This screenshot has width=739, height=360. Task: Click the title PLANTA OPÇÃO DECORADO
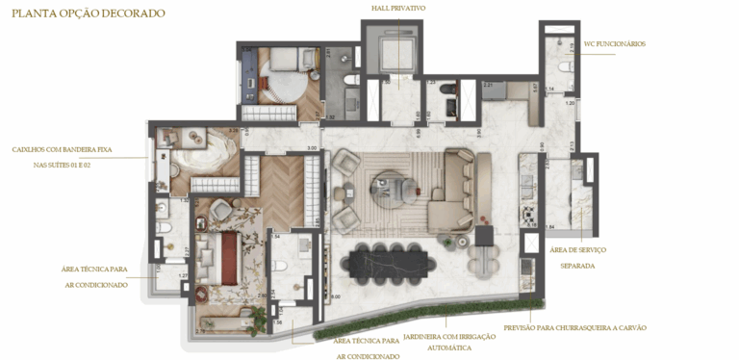(89, 13)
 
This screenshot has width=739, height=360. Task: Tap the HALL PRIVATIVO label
(398, 8)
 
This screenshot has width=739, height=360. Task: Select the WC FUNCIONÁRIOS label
(614, 44)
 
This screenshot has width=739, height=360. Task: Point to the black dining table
(391, 259)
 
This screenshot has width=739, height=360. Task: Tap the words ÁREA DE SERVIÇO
(577, 250)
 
